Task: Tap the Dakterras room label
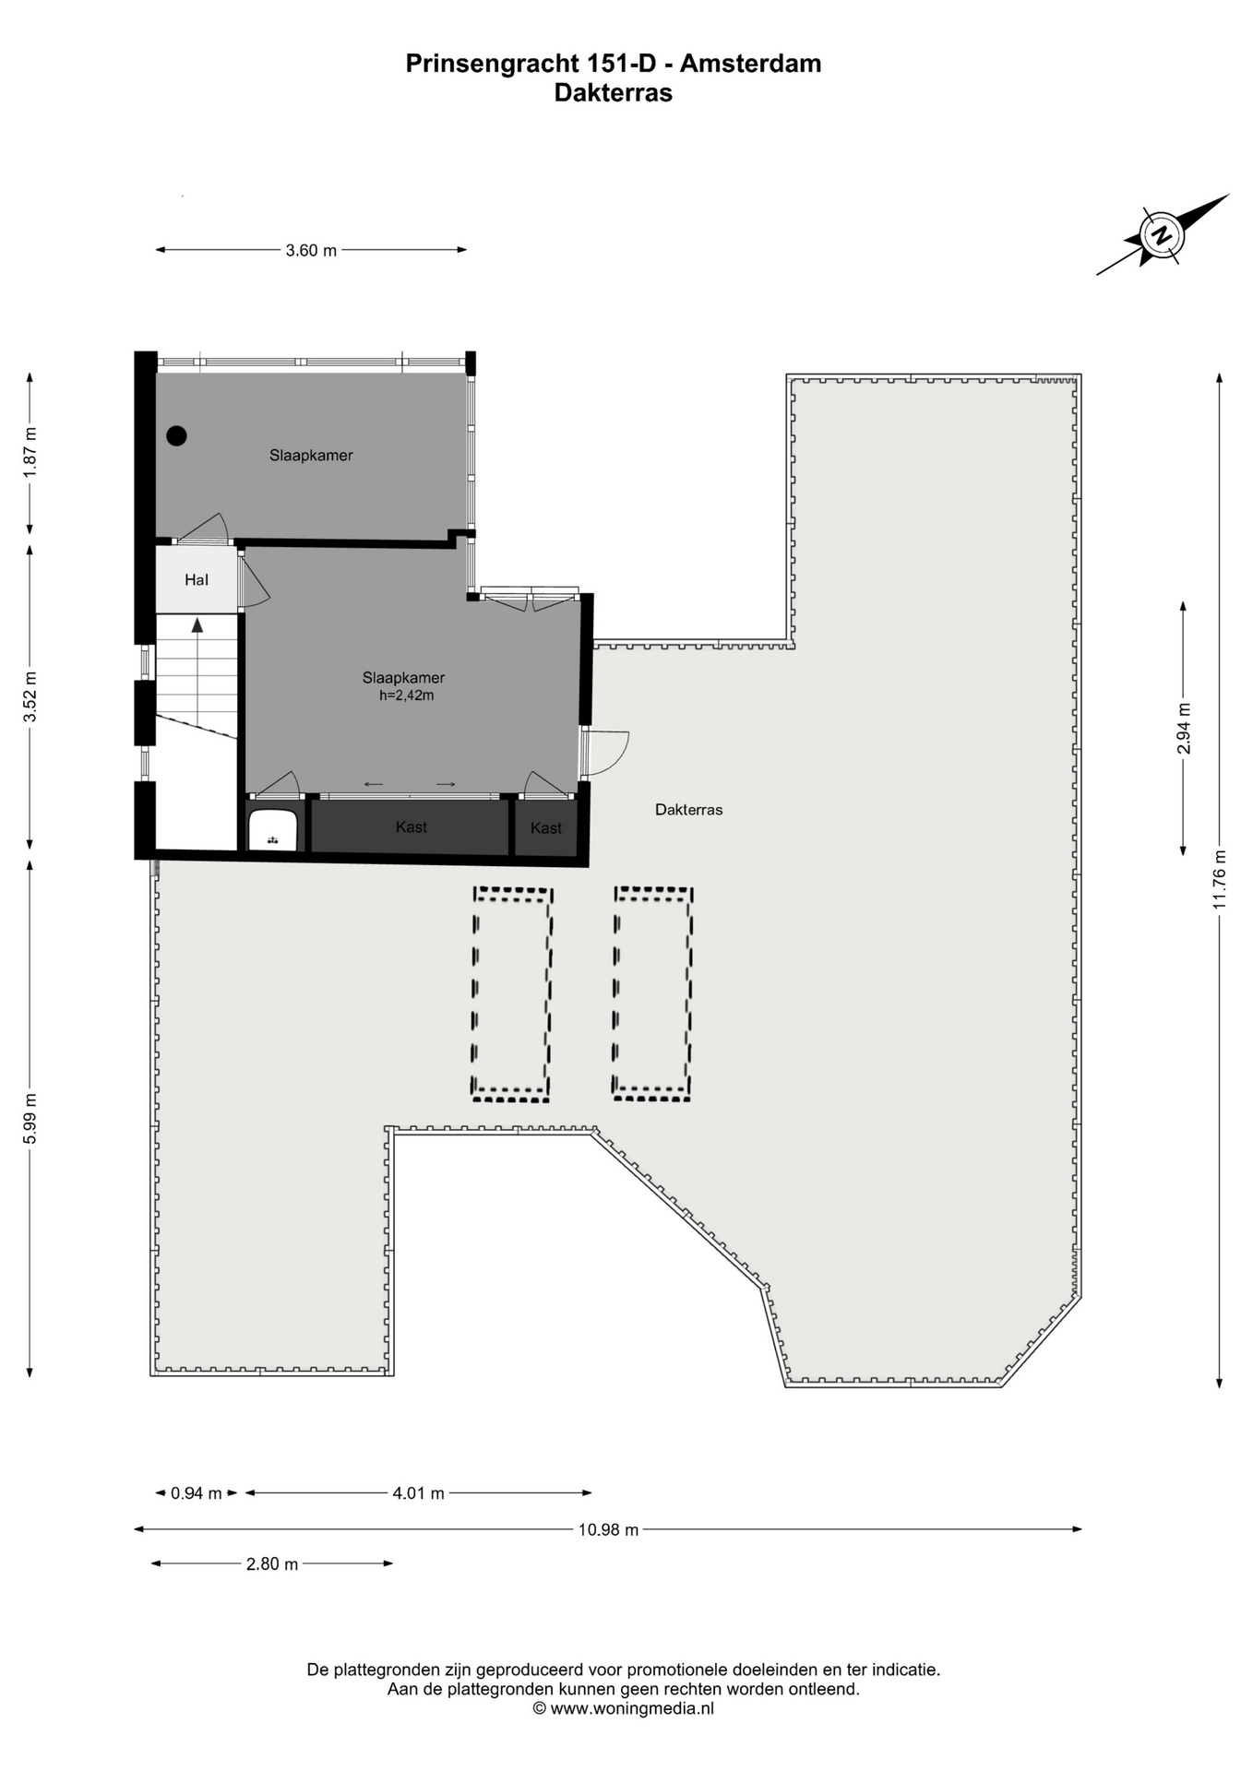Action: [x=688, y=810]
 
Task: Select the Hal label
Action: [x=197, y=580]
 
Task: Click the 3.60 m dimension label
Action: [x=311, y=250]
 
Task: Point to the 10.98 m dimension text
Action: [x=608, y=1529]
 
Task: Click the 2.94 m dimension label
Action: [x=1184, y=729]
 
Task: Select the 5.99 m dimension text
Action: [x=30, y=1118]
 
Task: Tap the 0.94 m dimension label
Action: [x=197, y=1493]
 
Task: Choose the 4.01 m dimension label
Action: [x=419, y=1493]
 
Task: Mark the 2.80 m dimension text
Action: [x=272, y=1564]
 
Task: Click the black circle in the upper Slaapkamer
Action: [x=176, y=436]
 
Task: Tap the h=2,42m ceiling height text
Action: [x=406, y=695]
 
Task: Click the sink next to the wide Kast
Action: [x=272, y=830]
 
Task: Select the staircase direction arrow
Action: [x=197, y=624]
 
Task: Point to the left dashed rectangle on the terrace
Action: [x=512, y=994]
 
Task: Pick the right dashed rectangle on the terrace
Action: [x=653, y=993]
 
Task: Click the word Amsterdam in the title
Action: [x=751, y=64]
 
